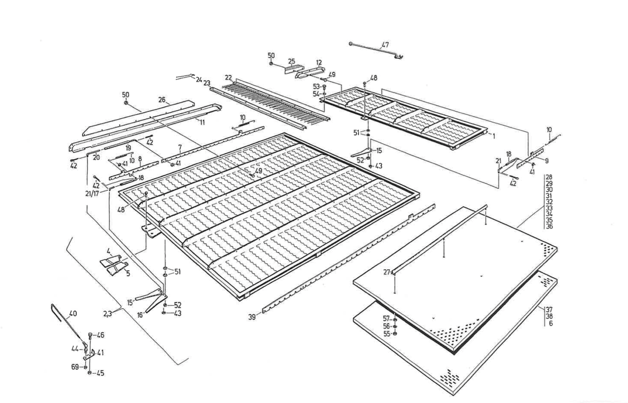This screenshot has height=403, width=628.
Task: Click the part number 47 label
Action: pos(385,44)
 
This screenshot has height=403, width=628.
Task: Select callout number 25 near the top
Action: pos(291,61)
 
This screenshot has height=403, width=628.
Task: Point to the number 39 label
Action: pos(252,317)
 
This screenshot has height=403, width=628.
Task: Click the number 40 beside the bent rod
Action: pos(73,313)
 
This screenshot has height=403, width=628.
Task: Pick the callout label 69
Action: pos(75,367)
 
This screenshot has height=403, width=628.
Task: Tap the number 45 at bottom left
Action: pos(100,373)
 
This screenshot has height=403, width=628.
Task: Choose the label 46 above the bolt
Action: pos(100,335)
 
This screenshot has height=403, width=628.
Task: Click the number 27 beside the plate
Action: pos(387,272)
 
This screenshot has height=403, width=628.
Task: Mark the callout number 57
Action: pos(386,318)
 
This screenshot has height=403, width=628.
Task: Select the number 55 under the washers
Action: pos(386,334)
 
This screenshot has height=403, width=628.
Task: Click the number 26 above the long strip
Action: pos(162,100)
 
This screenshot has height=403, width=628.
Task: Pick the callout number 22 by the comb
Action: pos(228,77)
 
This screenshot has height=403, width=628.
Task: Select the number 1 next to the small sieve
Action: pos(494,136)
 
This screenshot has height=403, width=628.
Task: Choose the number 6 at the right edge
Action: pos(551,324)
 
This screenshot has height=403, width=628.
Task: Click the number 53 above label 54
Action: pos(316,87)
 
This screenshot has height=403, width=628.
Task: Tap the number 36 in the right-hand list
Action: pos(549,226)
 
